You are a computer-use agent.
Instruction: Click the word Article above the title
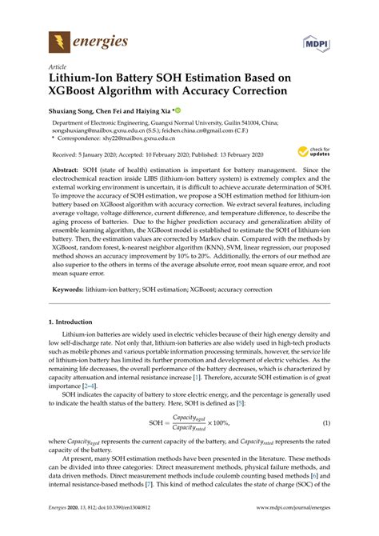tap(58, 68)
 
